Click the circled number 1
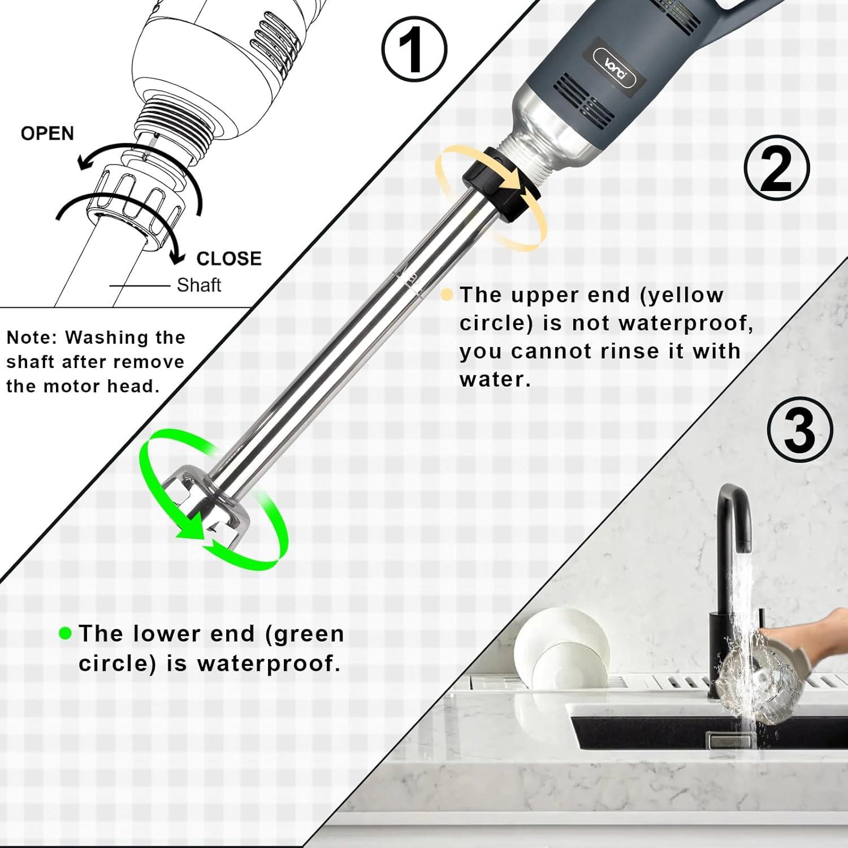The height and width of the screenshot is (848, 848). click(414, 50)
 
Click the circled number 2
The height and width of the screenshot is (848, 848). click(776, 168)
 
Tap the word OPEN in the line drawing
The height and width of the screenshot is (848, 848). click(47, 133)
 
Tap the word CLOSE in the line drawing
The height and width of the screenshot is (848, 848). click(229, 258)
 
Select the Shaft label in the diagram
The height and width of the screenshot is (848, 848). click(199, 285)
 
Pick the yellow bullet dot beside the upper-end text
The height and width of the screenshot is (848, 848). click(447, 295)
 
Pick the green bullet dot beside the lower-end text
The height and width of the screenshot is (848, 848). click(66, 633)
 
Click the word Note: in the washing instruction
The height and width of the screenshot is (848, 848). click(33, 338)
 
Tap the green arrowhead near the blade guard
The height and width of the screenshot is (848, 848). click(190, 529)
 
